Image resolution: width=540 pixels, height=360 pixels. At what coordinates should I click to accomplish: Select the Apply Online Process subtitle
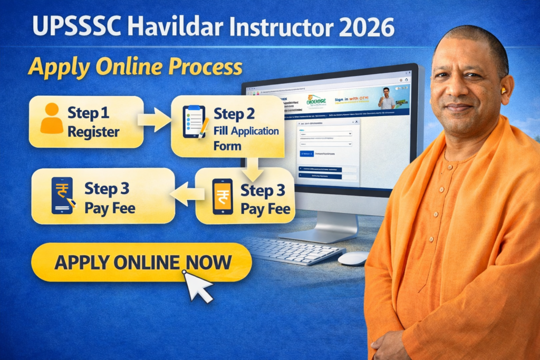(x=135, y=67)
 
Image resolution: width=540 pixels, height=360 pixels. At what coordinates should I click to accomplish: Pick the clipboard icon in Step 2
(x=194, y=122)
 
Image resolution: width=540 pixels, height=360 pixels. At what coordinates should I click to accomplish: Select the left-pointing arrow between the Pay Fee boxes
(x=186, y=194)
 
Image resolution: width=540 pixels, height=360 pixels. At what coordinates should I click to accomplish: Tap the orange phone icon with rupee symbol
(x=222, y=196)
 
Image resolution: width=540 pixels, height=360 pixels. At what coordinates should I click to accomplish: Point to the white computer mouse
(x=353, y=258)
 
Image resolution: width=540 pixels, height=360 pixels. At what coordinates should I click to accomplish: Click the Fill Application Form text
(x=246, y=138)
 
